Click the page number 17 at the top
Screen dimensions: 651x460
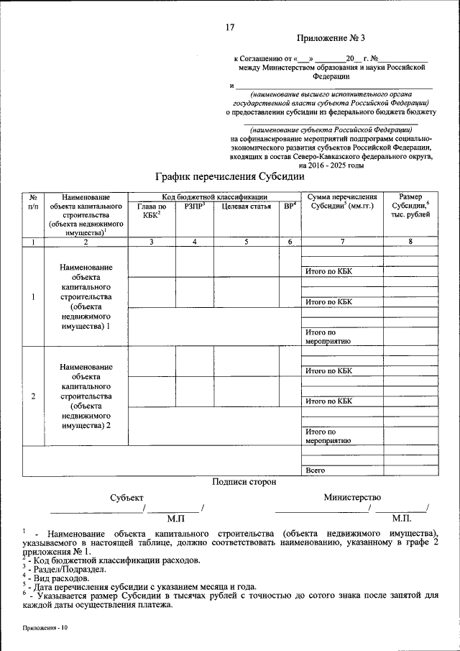coord(230,28)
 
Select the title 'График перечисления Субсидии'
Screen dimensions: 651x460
coord(230,176)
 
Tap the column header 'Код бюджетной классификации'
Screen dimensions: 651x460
coord(214,196)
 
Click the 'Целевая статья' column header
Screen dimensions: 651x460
coord(246,207)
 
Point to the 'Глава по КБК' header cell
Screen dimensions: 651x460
coord(151,211)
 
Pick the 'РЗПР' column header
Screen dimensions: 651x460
coord(194,207)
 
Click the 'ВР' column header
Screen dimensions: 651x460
coord(289,207)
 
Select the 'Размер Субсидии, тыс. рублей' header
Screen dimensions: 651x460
coord(410,206)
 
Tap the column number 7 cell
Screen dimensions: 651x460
coord(341,242)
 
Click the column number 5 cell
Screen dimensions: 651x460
coord(246,242)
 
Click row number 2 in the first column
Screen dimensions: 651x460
coord(33,396)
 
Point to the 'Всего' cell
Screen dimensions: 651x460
coord(316,470)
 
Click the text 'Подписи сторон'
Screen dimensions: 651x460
coord(244,482)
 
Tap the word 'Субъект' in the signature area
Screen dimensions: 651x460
coord(126,497)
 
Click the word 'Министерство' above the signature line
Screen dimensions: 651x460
coord(352,497)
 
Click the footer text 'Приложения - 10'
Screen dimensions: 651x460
coord(45,628)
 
